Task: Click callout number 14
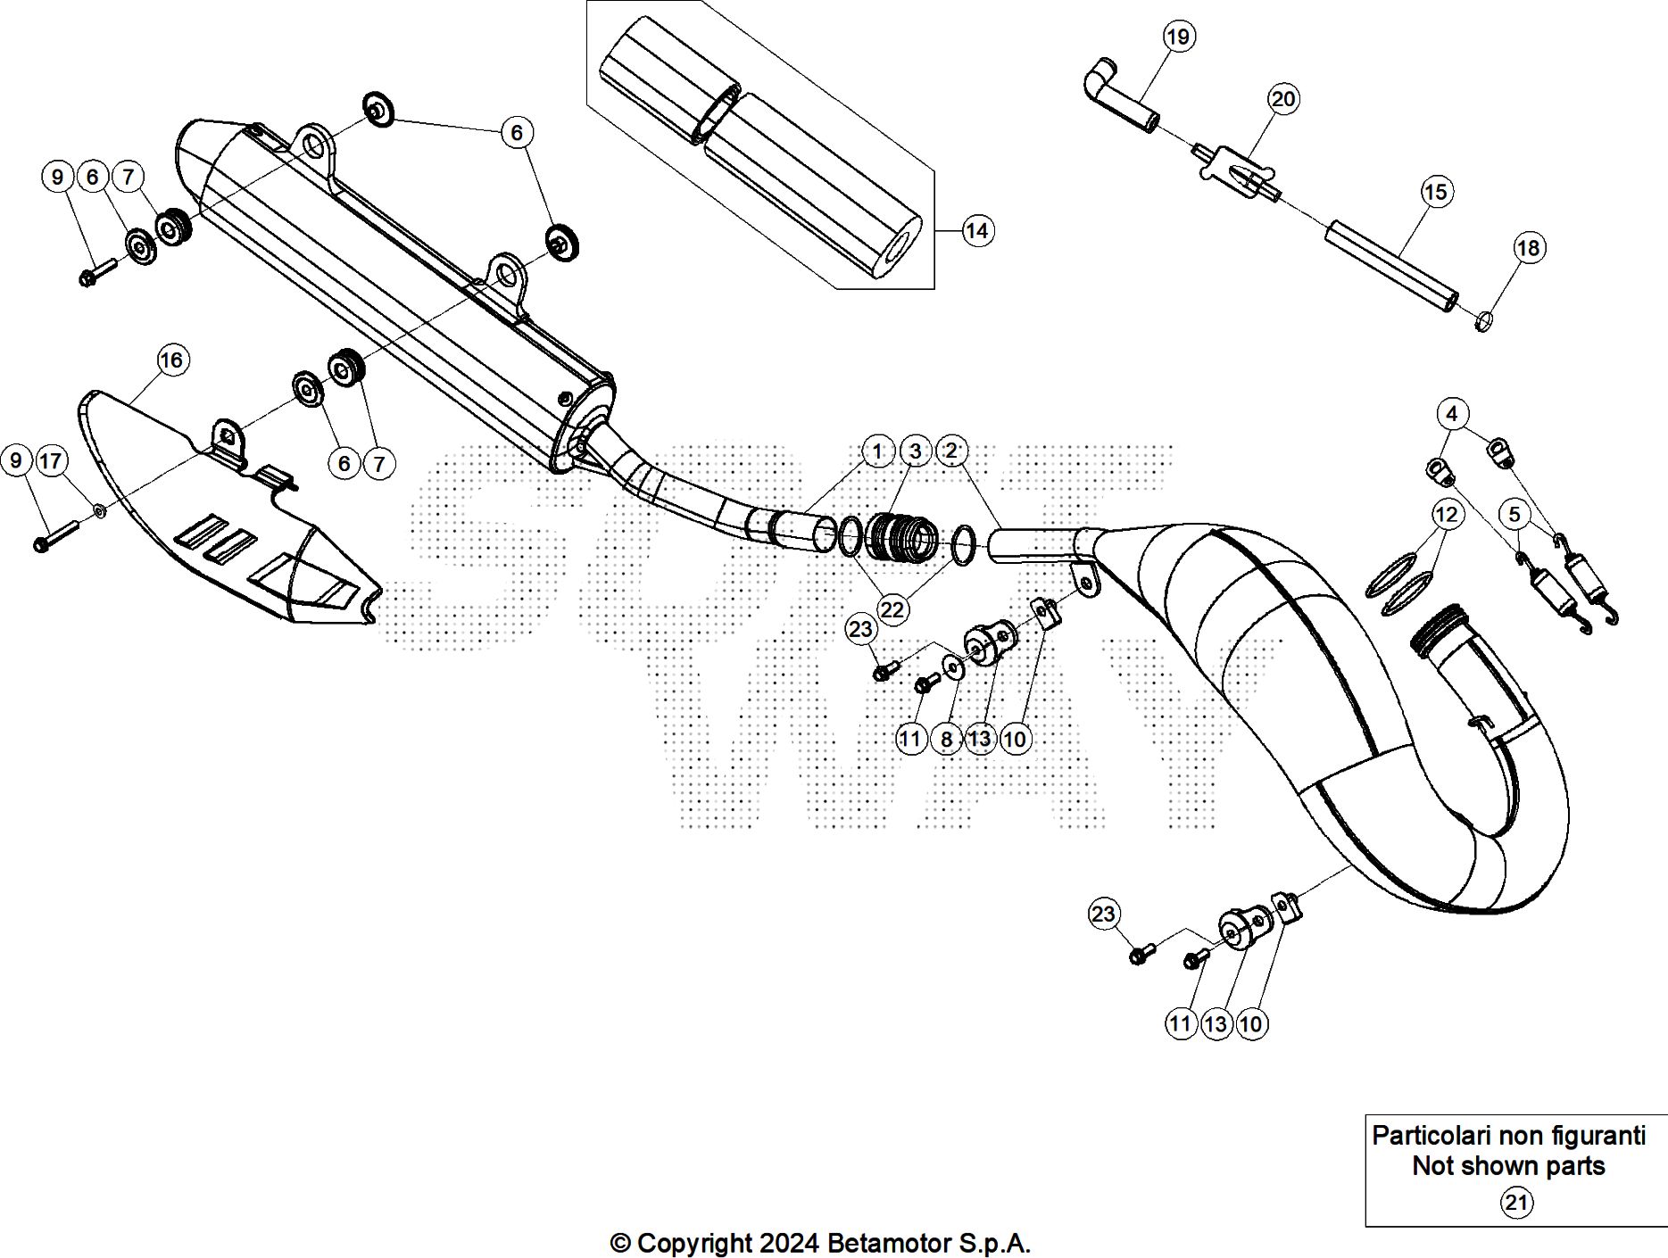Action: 977,231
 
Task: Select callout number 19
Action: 1178,37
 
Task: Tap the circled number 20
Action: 1283,99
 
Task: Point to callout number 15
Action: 1435,192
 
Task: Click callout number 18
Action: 1529,248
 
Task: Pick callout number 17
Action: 51,461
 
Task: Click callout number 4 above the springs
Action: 1452,414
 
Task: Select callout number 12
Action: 1446,515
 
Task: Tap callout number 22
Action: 892,609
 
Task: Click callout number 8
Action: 946,739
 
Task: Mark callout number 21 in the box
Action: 1516,1203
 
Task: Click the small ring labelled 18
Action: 1483,320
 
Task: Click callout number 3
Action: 915,451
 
